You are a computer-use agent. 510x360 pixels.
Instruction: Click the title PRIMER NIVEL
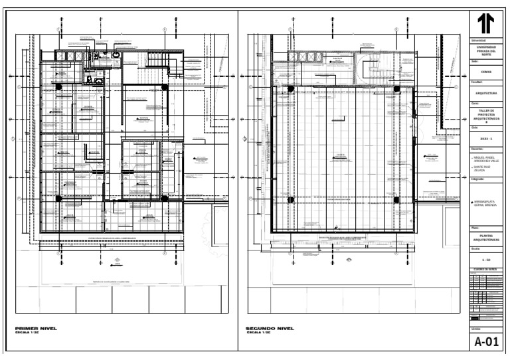coord(37,329)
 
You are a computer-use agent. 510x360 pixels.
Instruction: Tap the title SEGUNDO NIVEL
coord(269,329)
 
